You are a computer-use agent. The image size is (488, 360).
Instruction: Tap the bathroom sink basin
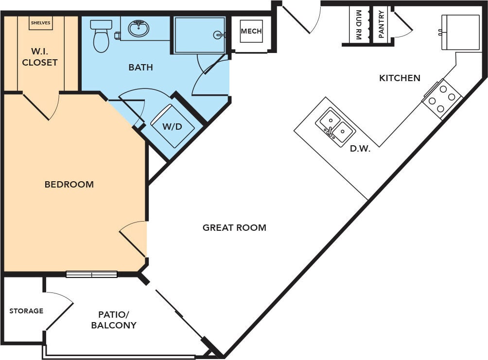pyautogui.click(x=139, y=29)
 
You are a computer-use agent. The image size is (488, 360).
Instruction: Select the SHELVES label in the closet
pyautogui.click(x=40, y=23)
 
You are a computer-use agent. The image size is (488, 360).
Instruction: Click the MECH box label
pyautogui.click(x=251, y=31)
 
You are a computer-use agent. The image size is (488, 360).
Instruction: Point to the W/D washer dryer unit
pyautogui.click(x=172, y=126)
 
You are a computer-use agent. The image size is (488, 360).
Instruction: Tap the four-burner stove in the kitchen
pyautogui.click(x=441, y=99)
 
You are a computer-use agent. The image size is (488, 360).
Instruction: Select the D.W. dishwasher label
pyautogui.click(x=360, y=149)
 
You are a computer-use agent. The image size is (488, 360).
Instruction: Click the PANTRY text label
pyautogui.click(x=381, y=24)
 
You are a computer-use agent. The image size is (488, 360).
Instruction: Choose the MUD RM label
pyautogui.click(x=358, y=24)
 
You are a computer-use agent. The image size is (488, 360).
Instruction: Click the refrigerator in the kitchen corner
pyautogui.click(x=460, y=32)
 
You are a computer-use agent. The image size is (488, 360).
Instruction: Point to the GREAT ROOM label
pyautogui.click(x=234, y=227)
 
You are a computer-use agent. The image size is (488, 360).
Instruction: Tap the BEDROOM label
pyautogui.click(x=69, y=184)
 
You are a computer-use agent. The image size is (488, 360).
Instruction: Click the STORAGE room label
pyautogui.click(x=26, y=311)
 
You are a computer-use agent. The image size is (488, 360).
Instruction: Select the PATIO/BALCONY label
pyautogui.click(x=114, y=320)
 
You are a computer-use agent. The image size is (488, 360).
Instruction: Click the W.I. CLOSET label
pyautogui.click(x=40, y=57)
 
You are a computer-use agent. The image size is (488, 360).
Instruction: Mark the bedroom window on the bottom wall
pyautogui.click(x=91, y=274)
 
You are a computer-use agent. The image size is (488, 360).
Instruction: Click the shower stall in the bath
pyautogui.click(x=199, y=35)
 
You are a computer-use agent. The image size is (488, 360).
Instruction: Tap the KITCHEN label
pyautogui.click(x=400, y=78)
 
